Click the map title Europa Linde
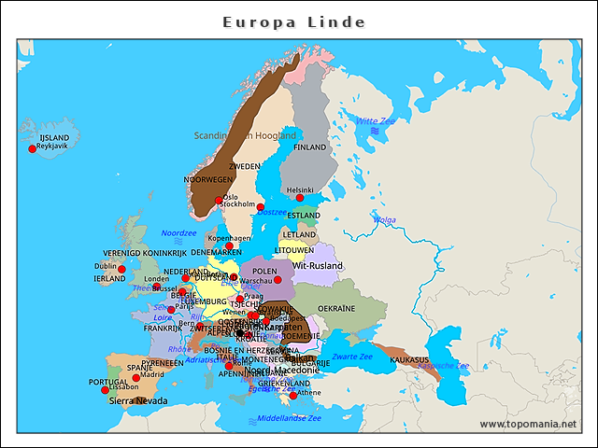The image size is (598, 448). (x=294, y=21)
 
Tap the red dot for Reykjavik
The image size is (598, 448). (x=33, y=148)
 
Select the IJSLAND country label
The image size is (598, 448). (x=54, y=137)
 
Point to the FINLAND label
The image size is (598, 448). (x=310, y=147)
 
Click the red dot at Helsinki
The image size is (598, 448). (x=300, y=198)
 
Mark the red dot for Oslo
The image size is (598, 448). (x=219, y=200)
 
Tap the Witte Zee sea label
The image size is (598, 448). (x=376, y=120)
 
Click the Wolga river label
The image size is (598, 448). (x=384, y=220)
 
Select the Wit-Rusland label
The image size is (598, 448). (x=317, y=266)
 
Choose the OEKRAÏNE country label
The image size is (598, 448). (x=336, y=308)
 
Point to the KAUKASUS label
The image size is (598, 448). (x=409, y=359)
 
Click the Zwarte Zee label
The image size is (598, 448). (x=352, y=357)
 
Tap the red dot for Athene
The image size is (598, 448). (x=293, y=396)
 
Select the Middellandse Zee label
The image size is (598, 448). (x=289, y=418)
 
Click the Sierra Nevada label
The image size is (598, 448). (x=138, y=400)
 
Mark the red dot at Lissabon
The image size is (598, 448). (x=105, y=390)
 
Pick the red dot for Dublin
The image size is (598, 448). (x=121, y=269)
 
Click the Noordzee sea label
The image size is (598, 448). (x=178, y=233)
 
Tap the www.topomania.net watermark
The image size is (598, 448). (x=530, y=424)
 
